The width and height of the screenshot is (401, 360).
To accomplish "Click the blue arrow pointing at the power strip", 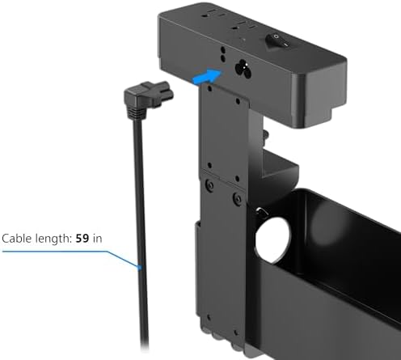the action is pyautogui.click(x=208, y=76).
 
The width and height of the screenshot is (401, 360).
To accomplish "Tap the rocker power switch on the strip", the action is pyautogui.click(x=277, y=41).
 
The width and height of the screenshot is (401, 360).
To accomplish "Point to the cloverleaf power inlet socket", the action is pyautogui.click(x=243, y=69).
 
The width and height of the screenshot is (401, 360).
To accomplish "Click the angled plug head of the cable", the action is pyautogui.click(x=149, y=95).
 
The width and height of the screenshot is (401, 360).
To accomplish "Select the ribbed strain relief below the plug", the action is pyautogui.click(x=135, y=113).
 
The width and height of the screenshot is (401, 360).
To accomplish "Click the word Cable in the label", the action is pyautogui.click(x=17, y=239).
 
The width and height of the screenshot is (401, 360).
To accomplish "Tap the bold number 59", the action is pyautogui.click(x=82, y=239).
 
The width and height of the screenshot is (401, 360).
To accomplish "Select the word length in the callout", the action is pyautogui.click(x=53, y=239).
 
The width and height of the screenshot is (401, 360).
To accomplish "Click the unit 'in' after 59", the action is pyautogui.click(x=97, y=239).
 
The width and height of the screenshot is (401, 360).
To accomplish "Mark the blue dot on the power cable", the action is pyautogui.click(x=139, y=268).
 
